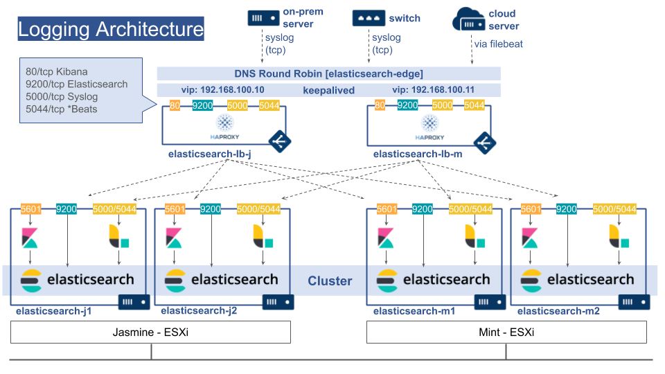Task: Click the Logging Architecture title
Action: [111, 30]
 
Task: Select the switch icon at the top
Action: [368, 19]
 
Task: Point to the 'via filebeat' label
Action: [498, 44]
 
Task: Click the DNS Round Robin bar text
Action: [328, 73]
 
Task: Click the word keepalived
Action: [328, 90]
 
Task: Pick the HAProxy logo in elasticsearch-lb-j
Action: [225, 126]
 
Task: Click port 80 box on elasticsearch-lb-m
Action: [380, 105]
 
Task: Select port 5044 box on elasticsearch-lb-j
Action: [270, 105]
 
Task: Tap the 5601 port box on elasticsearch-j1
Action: [32, 208]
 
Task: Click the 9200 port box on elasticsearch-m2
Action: [567, 208]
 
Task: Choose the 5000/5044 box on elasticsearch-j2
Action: [258, 208]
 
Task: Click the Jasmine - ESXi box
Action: [150, 332]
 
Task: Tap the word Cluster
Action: [330, 281]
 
